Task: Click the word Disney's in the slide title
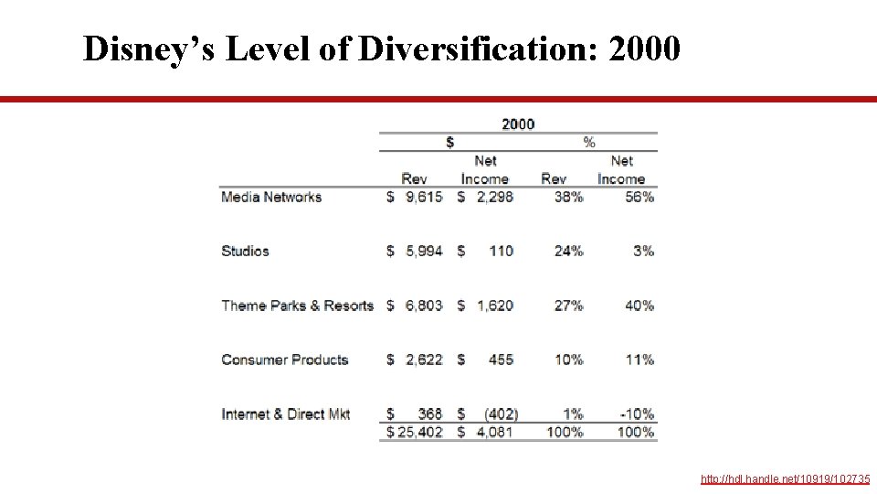pyautogui.click(x=149, y=49)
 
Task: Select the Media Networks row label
pyautogui.click(x=271, y=197)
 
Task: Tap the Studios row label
pyautogui.click(x=245, y=251)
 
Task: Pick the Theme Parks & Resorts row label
pyautogui.click(x=297, y=306)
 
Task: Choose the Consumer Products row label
pyautogui.click(x=285, y=360)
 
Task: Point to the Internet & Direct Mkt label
pyautogui.click(x=285, y=414)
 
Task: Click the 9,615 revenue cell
pyautogui.click(x=424, y=197)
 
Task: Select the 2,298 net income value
pyautogui.click(x=494, y=197)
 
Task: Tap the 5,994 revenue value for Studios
pyautogui.click(x=424, y=251)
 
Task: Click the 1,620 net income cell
pyautogui.click(x=494, y=306)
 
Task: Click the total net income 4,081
pyautogui.click(x=494, y=432)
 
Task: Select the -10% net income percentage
pyautogui.click(x=636, y=414)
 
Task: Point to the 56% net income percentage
pyautogui.click(x=639, y=197)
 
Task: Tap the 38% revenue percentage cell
pyautogui.click(x=568, y=197)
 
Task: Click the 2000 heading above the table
pyautogui.click(x=518, y=124)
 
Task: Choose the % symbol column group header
pyautogui.click(x=589, y=143)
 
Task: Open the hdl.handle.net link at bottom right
pyautogui.click(x=785, y=479)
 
